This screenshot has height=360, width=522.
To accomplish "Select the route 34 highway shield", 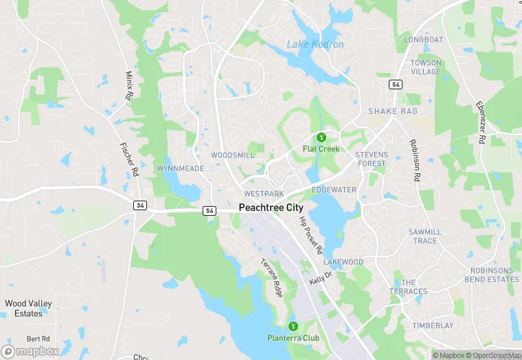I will [x=139, y=205].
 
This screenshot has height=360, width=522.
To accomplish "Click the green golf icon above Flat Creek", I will [x=321, y=137].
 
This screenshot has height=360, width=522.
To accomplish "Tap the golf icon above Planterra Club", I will [x=293, y=326].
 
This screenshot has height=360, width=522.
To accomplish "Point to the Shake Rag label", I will [x=393, y=111].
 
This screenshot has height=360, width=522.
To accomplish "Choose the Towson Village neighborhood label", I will [x=426, y=67].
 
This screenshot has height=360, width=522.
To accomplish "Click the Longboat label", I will [x=424, y=40].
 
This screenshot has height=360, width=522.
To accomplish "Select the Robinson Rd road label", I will [x=414, y=159].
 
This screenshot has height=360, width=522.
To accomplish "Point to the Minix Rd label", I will [x=128, y=86].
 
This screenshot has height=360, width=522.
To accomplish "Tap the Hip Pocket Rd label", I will [x=310, y=235].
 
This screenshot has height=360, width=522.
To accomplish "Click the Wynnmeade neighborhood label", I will [x=180, y=168].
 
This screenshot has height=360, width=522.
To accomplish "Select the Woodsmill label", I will [x=233, y=155].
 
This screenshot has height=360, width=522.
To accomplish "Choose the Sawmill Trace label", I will [x=425, y=236].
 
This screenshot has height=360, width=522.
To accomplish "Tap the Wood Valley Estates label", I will [x=28, y=308].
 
